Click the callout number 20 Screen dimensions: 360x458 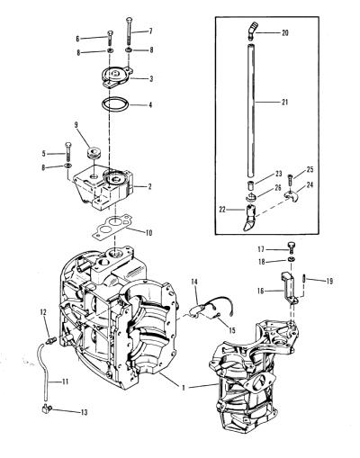pyautogui.click(x=285, y=32)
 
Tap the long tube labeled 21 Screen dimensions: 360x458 pyautogui.click(x=251, y=111)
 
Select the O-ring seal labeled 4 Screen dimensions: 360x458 pyautogui.click(x=115, y=104)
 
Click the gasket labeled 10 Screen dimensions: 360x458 pyautogui.click(x=112, y=226)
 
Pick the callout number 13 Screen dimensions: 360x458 pyautogui.click(x=85, y=412)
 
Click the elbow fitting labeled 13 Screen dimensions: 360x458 pyautogui.click(x=47, y=409)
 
